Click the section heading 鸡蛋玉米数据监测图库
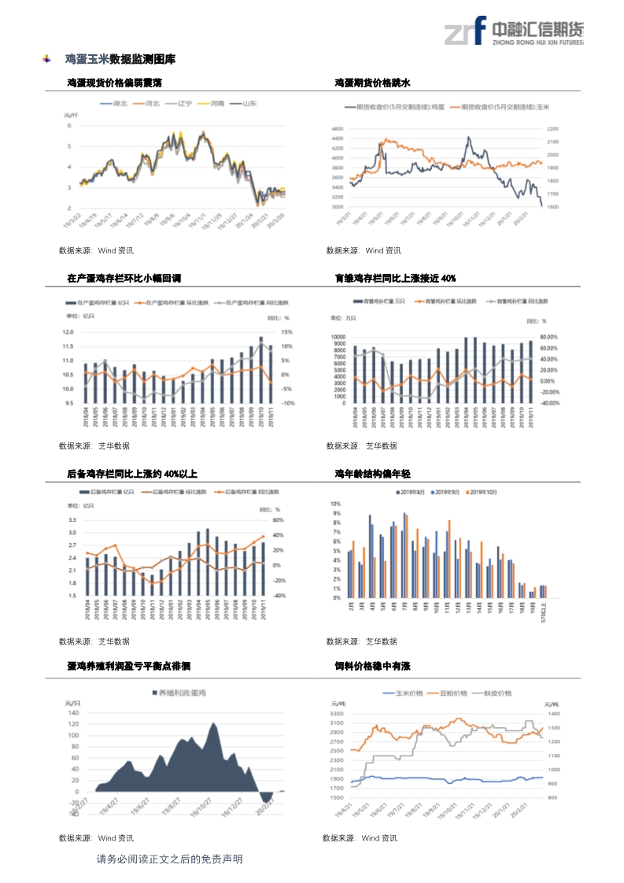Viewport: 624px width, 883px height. click(x=120, y=59)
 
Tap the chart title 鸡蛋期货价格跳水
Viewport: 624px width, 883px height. click(x=373, y=82)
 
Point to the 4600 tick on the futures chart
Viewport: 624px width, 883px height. click(x=338, y=128)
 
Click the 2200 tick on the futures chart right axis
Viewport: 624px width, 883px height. click(x=552, y=128)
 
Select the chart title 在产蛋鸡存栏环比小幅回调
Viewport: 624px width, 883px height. click(x=124, y=279)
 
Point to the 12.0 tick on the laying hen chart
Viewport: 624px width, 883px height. click(x=68, y=332)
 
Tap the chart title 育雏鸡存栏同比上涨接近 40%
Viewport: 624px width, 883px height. click(x=395, y=279)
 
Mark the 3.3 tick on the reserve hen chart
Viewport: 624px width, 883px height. click(x=72, y=520)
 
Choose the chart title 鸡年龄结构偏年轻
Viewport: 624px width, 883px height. click(x=373, y=475)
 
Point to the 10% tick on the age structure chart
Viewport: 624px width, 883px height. click(x=335, y=504)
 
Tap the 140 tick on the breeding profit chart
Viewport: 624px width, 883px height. click(x=74, y=713)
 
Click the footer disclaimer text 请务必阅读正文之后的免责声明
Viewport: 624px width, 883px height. click(x=169, y=859)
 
